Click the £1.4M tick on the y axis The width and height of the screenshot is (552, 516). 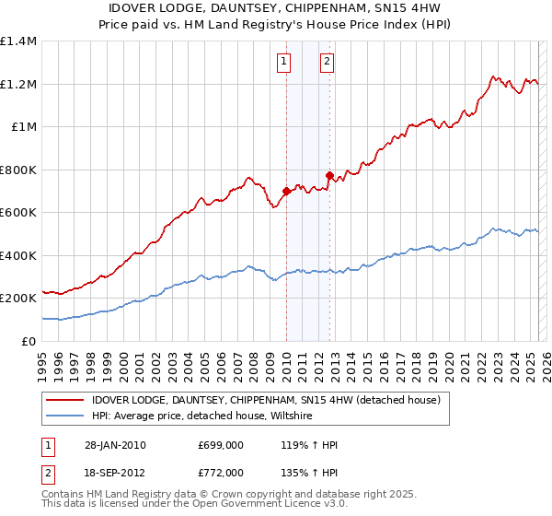18,41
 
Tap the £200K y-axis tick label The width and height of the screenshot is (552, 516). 18,299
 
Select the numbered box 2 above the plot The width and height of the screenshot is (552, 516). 327,63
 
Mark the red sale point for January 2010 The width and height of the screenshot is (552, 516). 286,192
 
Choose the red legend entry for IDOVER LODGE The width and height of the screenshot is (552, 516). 267,400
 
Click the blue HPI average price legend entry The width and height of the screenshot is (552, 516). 202,416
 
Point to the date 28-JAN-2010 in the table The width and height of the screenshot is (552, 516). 115,446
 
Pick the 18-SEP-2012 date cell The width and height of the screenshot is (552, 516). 115,472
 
